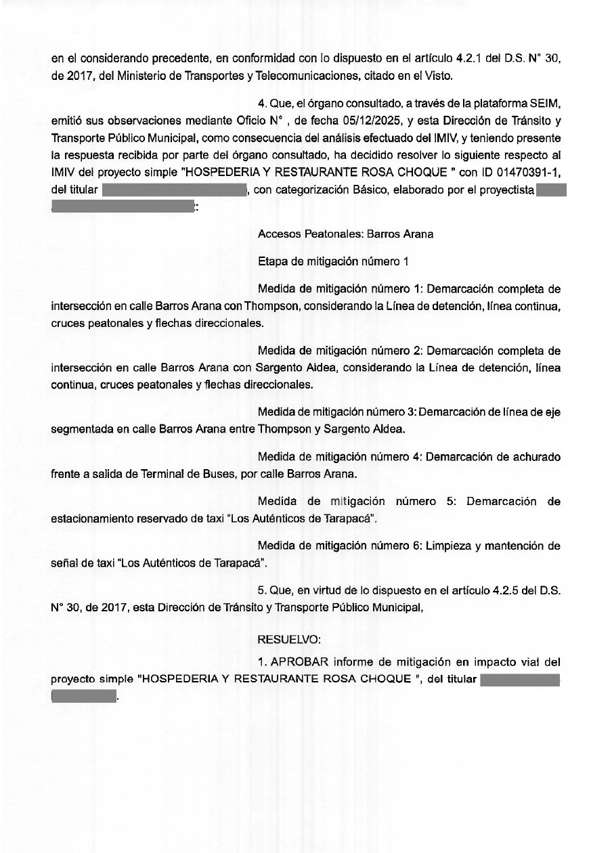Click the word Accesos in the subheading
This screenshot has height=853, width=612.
[x=278, y=234]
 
